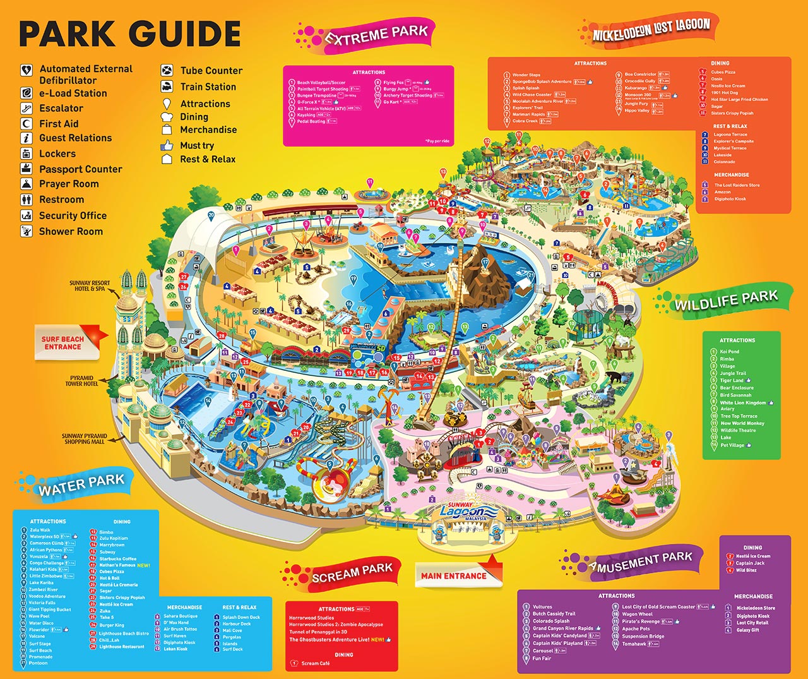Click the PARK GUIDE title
130,34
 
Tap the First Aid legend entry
59,124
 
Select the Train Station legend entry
208,87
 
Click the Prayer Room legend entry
69,184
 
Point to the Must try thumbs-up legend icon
167,145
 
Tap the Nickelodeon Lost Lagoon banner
651,29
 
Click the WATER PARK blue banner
81,485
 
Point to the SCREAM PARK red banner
352,574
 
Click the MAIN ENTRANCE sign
454,576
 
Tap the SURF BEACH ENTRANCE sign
62,343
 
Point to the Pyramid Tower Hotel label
82,381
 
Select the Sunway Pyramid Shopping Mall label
84,439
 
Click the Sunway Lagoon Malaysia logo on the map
463,512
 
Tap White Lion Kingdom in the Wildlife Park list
743,402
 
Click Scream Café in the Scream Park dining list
315,663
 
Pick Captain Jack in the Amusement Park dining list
750,563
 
